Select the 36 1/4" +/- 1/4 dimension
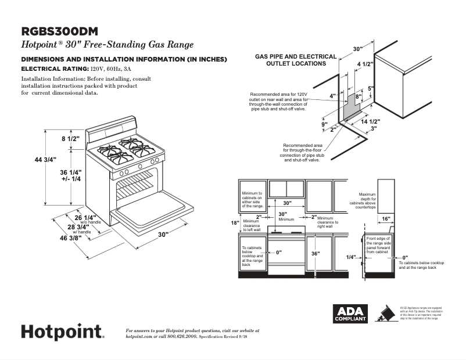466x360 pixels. click(x=71, y=175)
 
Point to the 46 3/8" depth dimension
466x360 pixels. click(x=66, y=237)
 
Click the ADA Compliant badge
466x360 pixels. click(x=349, y=314)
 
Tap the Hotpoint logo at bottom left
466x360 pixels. click(x=63, y=332)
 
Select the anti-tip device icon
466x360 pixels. click(x=383, y=313)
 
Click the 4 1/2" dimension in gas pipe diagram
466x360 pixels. click(x=365, y=63)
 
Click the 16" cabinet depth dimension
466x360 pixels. click(x=386, y=219)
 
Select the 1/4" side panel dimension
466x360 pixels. click(x=350, y=257)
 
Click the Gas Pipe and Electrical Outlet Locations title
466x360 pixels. click(x=296, y=60)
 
